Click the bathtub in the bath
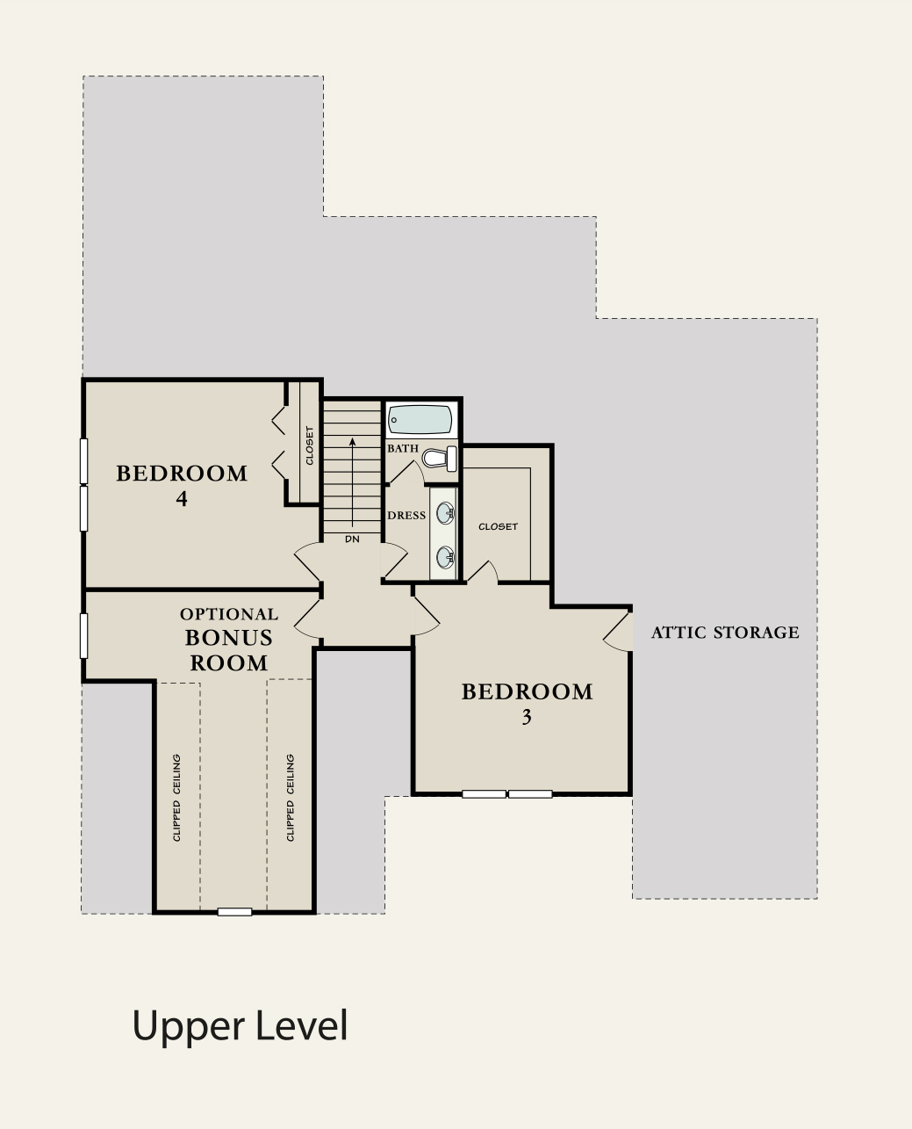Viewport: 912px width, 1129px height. pyautogui.click(x=420, y=420)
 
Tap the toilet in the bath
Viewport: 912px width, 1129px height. pyautogui.click(x=440, y=459)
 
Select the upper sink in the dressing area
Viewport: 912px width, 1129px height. pyautogui.click(x=445, y=513)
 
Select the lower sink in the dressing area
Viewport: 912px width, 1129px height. pyautogui.click(x=445, y=558)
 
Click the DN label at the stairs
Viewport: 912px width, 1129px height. pyautogui.click(x=352, y=539)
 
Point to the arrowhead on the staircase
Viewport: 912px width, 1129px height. pyautogui.click(x=352, y=442)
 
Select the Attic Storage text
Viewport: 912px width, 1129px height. pyautogui.click(x=725, y=633)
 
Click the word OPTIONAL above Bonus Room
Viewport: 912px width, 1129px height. pyautogui.click(x=229, y=614)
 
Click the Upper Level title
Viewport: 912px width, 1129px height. pyautogui.click(x=240, y=1026)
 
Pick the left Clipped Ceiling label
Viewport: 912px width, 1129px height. pyautogui.click(x=176, y=798)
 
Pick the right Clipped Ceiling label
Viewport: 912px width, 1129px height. pyautogui.click(x=290, y=798)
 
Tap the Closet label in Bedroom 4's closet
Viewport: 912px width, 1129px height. pyautogui.click(x=309, y=445)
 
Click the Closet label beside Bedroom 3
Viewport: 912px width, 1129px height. pyautogui.click(x=498, y=526)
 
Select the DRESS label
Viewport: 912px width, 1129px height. pyautogui.click(x=406, y=515)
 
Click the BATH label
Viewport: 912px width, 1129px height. pyautogui.click(x=403, y=448)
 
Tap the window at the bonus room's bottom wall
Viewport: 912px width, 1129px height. pyautogui.click(x=234, y=912)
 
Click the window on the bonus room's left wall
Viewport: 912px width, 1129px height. pyautogui.click(x=83, y=636)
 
